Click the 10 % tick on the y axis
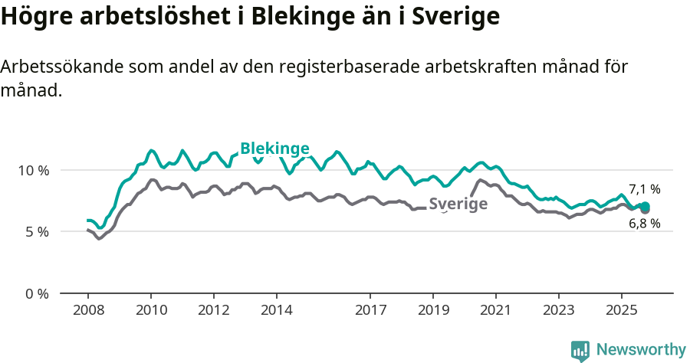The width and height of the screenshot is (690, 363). (x=32, y=170)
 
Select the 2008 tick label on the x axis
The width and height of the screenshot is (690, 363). (x=87, y=311)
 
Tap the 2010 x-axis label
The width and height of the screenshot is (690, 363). (x=150, y=311)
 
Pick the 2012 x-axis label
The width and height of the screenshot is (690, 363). (x=213, y=311)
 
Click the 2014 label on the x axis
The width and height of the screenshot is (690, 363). (x=276, y=311)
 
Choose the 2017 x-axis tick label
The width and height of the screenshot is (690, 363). (x=370, y=311)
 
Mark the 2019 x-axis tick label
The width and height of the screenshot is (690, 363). (x=433, y=311)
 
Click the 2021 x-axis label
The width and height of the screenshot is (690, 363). (x=496, y=311)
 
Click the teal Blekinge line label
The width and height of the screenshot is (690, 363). (x=274, y=149)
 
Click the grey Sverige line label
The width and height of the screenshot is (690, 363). (x=458, y=204)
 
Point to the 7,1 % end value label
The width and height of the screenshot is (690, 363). (x=644, y=189)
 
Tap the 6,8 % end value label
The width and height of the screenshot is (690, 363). (x=644, y=224)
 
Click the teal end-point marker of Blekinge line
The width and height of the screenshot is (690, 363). (x=646, y=206)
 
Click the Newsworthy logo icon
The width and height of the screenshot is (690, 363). (x=580, y=350)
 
